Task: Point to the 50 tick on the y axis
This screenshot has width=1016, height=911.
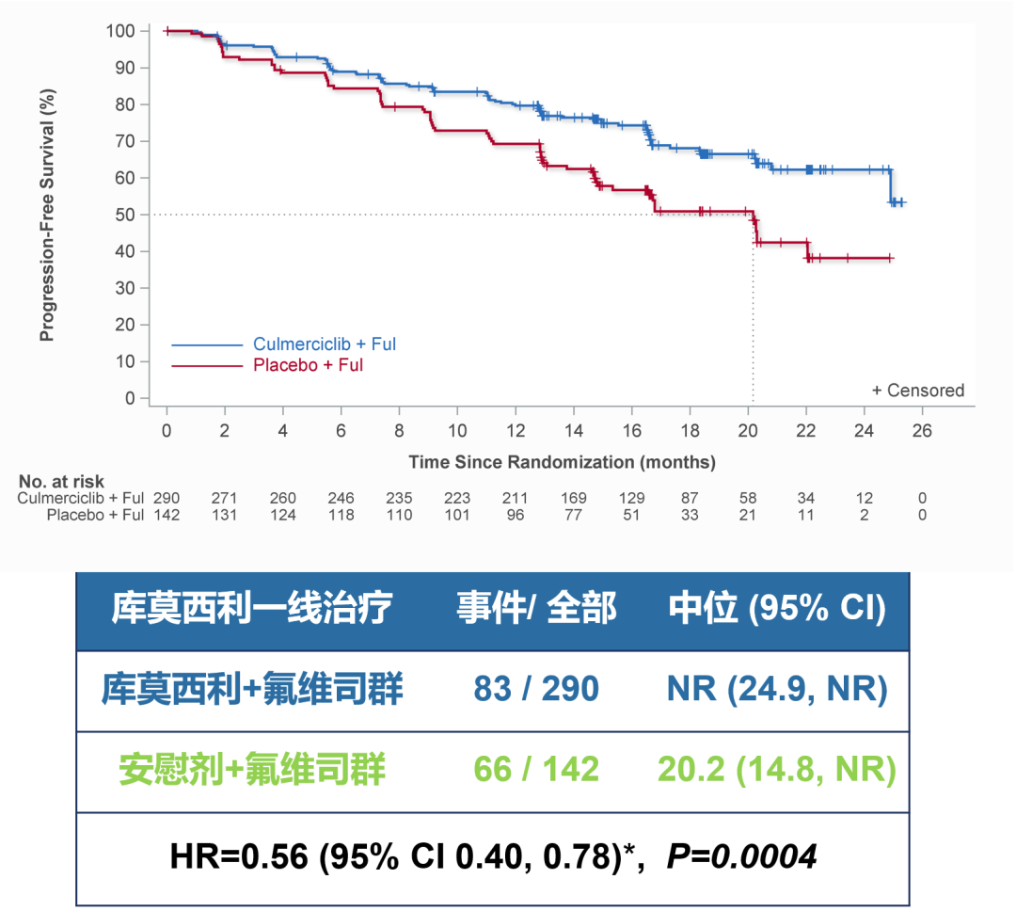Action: (128, 215)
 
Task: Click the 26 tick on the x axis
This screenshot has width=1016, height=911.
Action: (923, 430)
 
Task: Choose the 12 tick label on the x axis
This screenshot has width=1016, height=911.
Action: (516, 430)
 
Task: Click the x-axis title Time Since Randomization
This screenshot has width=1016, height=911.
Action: (562, 462)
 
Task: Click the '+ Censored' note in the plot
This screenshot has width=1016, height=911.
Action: (917, 391)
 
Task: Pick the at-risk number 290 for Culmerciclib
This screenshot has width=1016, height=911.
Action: (167, 498)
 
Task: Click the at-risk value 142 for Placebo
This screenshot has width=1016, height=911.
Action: (167, 515)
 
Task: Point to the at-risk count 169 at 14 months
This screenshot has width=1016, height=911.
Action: (573, 498)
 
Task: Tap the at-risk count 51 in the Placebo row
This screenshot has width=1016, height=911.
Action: (631, 515)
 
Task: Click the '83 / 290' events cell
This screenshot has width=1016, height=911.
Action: (536, 689)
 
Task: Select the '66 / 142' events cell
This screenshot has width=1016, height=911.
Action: (536, 770)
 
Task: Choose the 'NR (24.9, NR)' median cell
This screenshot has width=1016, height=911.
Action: (777, 689)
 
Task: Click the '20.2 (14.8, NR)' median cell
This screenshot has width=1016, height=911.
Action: (777, 770)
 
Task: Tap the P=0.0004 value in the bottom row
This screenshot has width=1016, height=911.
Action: (741, 855)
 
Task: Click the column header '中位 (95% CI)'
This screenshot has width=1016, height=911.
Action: (777, 609)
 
